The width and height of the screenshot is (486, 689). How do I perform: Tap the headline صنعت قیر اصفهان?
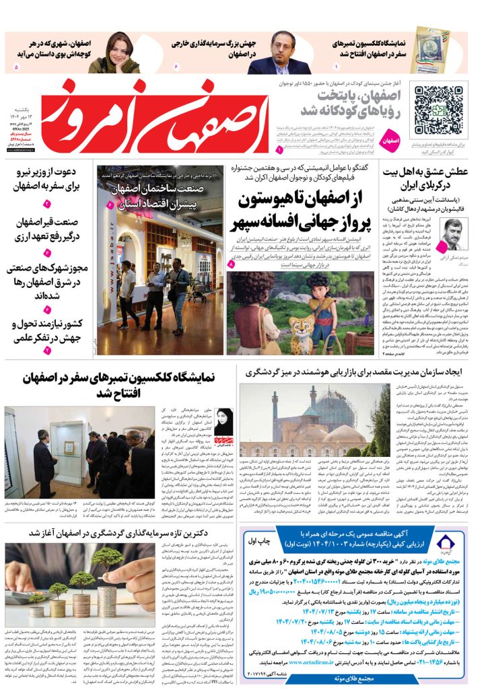(x=47, y=230)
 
